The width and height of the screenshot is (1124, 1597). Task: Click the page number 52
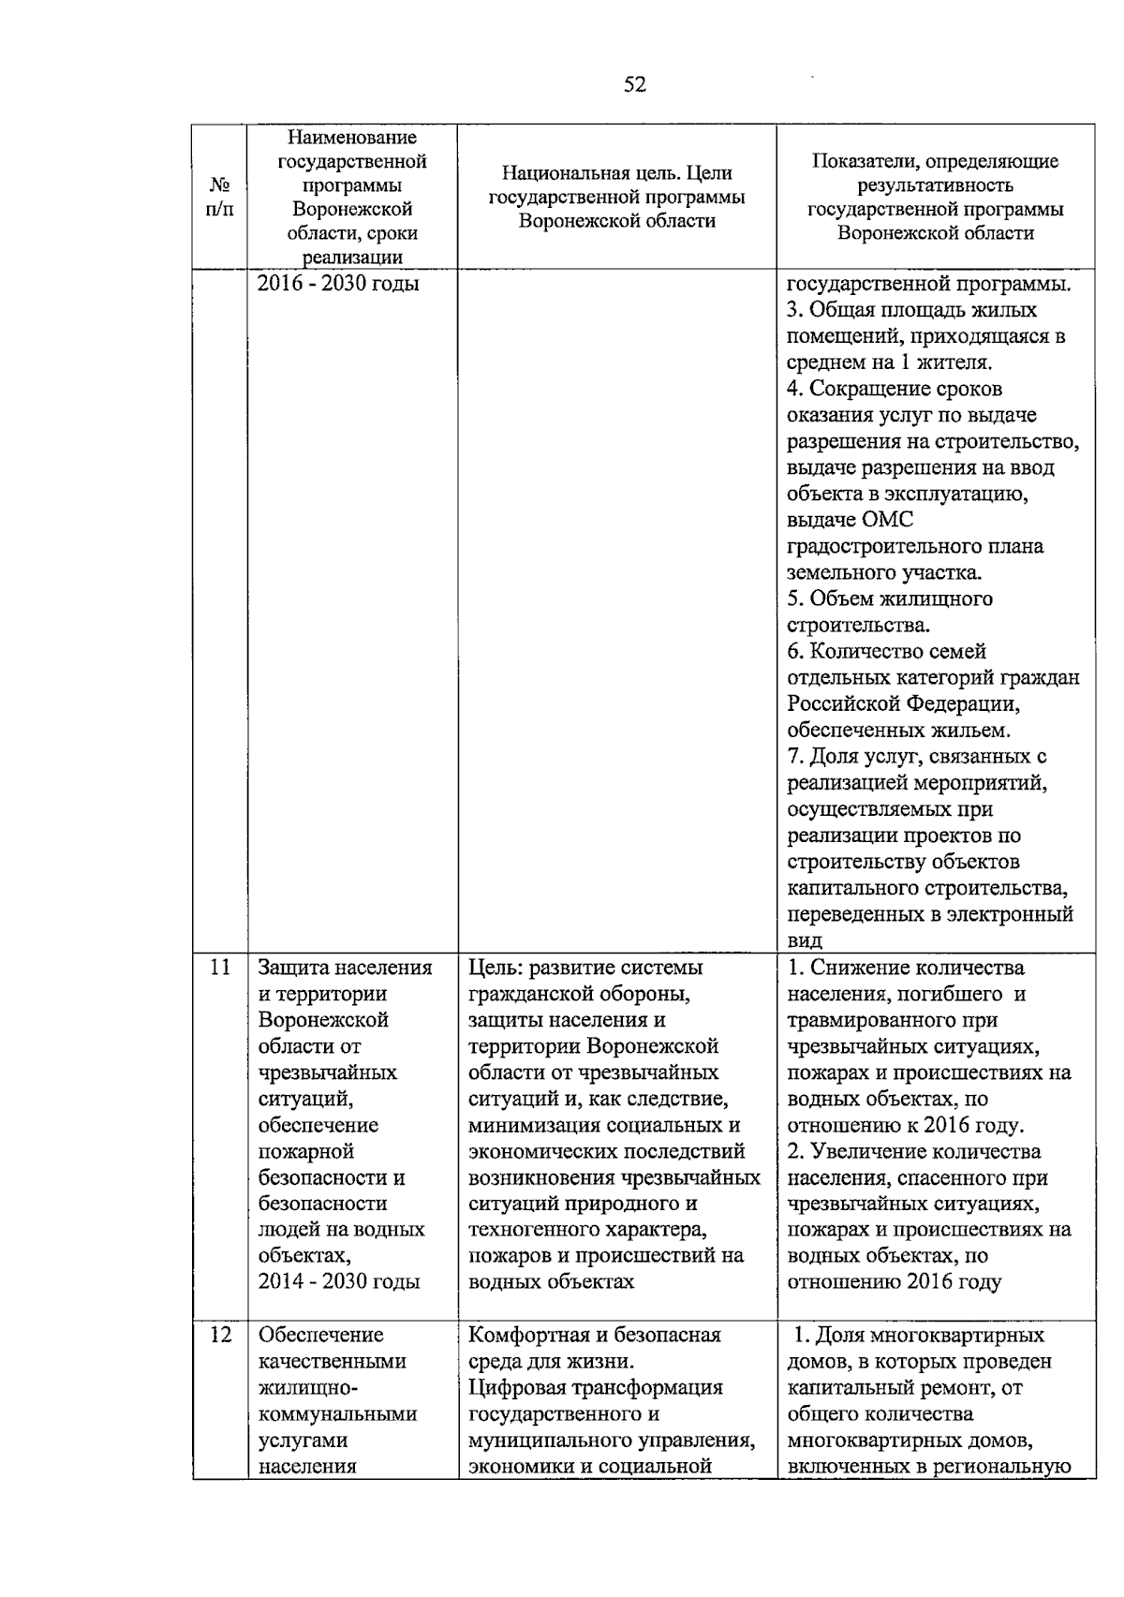click(x=634, y=85)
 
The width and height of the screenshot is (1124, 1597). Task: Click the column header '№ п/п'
click(x=219, y=198)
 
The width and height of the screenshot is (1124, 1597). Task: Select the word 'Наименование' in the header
click(x=351, y=138)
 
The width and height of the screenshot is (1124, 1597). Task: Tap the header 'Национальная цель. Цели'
click(x=616, y=173)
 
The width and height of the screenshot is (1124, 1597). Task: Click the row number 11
click(x=220, y=968)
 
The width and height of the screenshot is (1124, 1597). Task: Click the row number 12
click(x=220, y=1335)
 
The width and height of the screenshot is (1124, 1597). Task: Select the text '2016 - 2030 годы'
click(x=338, y=283)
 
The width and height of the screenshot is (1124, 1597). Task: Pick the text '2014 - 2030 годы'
click(x=338, y=1282)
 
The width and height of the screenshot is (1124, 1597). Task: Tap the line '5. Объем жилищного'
click(x=889, y=599)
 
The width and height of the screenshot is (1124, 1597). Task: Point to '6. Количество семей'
click(x=886, y=651)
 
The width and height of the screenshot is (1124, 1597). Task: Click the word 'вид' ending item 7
click(x=805, y=940)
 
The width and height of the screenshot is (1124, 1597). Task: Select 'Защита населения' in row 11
click(x=345, y=968)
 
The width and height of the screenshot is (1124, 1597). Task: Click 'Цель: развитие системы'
click(x=585, y=968)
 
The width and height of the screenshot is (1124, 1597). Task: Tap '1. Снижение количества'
click(x=905, y=968)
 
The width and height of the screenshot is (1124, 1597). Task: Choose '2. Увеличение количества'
click(x=913, y=1151)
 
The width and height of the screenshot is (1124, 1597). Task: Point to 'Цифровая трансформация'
click(x=595, y=1387)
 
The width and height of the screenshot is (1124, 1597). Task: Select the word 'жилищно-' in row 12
click(x=302, y=1387)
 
